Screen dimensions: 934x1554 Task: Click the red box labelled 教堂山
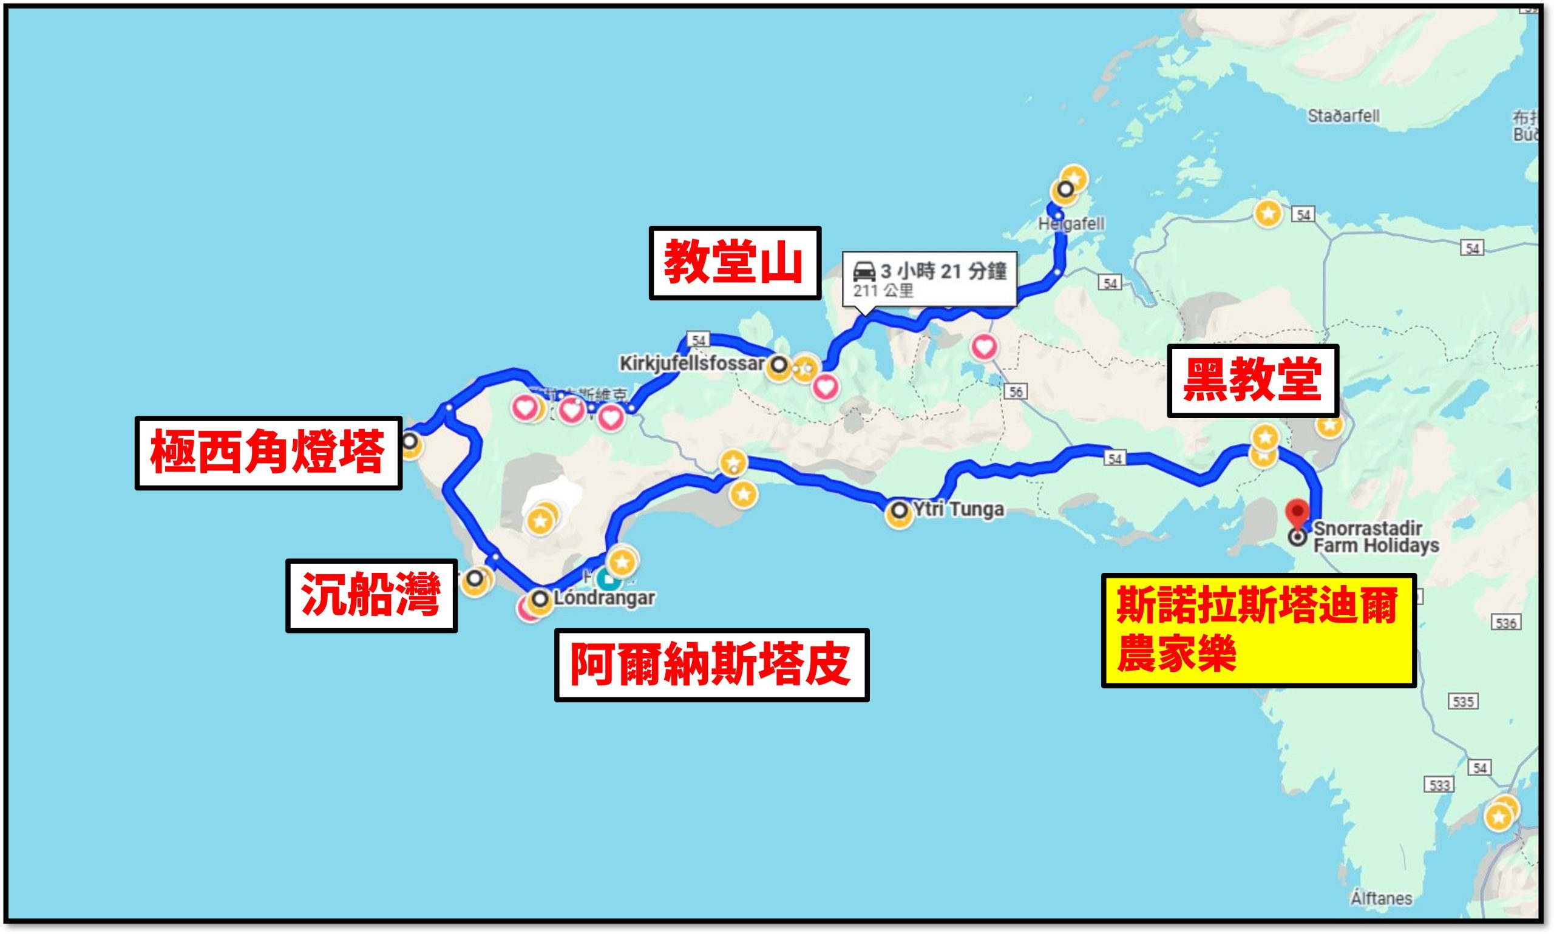[x=735, y=263]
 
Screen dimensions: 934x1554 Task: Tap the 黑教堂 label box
[x=1252, y=380]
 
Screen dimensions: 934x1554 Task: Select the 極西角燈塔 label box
[x=268, y=453]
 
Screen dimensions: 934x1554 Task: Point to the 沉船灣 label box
[x=372, y=595]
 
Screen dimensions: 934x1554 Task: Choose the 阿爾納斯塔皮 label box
[x=711, y=665]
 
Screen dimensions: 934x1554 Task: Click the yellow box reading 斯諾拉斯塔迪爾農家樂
[x=1258, y=630]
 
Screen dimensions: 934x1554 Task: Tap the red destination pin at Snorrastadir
[x=1297, y=512]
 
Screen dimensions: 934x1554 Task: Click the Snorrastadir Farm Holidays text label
[x=1376, y=537]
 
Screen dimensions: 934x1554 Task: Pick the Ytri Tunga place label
[x=958, y=509]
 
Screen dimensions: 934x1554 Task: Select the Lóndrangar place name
[x=604, y=598]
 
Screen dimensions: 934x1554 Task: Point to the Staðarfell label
[x=1343, y=116]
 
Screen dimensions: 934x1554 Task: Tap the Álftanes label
[x=1381, y=898]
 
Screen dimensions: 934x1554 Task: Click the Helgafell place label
[x=1071, y=224]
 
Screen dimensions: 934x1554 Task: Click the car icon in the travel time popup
[x=864, y=272]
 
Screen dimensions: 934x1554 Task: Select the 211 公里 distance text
[x=883, y=291]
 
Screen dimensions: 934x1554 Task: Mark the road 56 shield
[x=1015, y=391]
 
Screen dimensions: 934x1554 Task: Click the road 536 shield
[x=1506, y=623]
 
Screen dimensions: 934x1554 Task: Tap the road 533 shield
[x=1439, y=785]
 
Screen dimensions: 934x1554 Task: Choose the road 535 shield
[x=1463, y=701]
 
